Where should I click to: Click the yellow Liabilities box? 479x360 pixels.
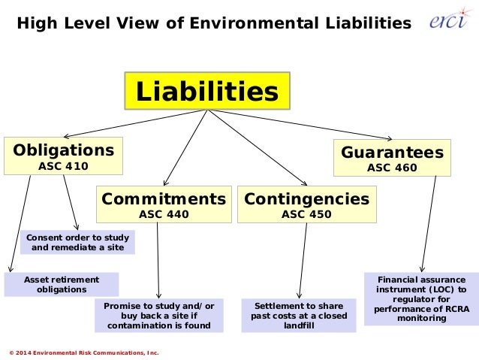coord(206,92)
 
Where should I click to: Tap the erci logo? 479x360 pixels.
coord(449,22)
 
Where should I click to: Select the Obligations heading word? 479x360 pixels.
coord(64,150)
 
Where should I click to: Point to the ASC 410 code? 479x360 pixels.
coord(63,165)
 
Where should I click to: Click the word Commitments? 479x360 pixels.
coord(163,199)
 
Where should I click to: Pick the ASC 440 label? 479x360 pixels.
coord(164,214)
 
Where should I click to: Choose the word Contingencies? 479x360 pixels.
coord(306,199)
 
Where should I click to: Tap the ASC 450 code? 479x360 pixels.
coord(306,214)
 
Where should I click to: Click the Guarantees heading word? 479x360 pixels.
coord(392,152)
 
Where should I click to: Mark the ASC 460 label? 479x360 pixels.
coord(392,168)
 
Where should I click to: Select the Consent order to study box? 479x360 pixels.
coord(77,242)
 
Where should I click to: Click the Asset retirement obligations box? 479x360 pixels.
coord(62,284)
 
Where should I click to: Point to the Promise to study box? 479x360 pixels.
coord(159,316)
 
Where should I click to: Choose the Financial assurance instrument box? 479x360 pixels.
coord(421,298)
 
